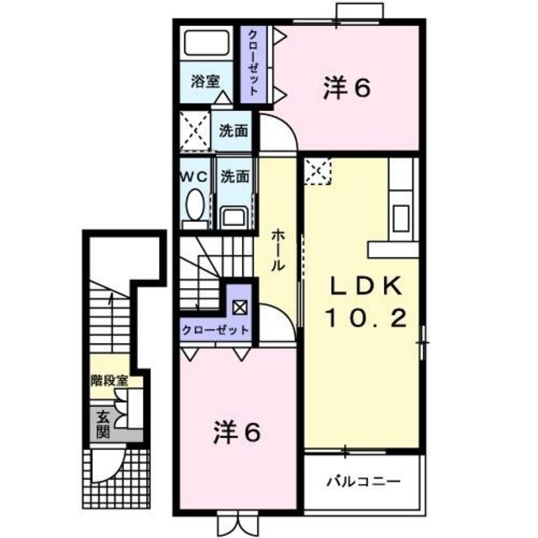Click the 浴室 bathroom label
[204, 82]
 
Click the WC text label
[195, 177]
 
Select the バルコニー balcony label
[362, 483]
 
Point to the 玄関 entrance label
[103, 425]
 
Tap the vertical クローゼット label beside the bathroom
[251, 63]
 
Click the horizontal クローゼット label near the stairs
[215, 330]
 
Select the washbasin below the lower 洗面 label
[234, 216]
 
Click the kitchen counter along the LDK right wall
[401, 202]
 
